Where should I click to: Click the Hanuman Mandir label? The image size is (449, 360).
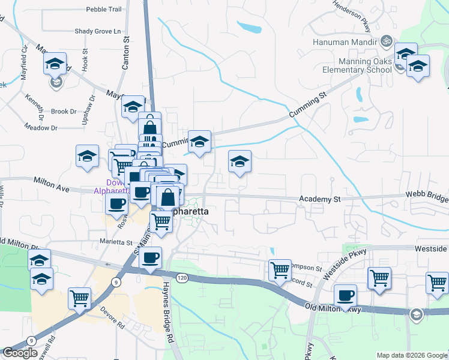click(345, 43)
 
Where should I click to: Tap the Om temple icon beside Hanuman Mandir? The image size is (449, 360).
click(387, 42)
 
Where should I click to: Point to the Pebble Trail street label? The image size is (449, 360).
click(104, 10)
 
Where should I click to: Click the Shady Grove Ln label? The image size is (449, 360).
click(98, 31)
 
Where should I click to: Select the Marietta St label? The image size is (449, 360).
click(116, 242)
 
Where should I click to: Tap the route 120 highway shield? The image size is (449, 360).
click(182, 277)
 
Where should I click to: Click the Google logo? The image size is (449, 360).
click(20, 353)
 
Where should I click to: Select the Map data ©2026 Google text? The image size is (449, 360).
click(412, 355)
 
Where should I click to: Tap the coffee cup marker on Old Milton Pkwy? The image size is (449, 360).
click(345, 295)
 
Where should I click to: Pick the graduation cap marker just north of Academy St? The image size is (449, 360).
click(240, 161)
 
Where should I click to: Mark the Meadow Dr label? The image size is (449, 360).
click(41, 128)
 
